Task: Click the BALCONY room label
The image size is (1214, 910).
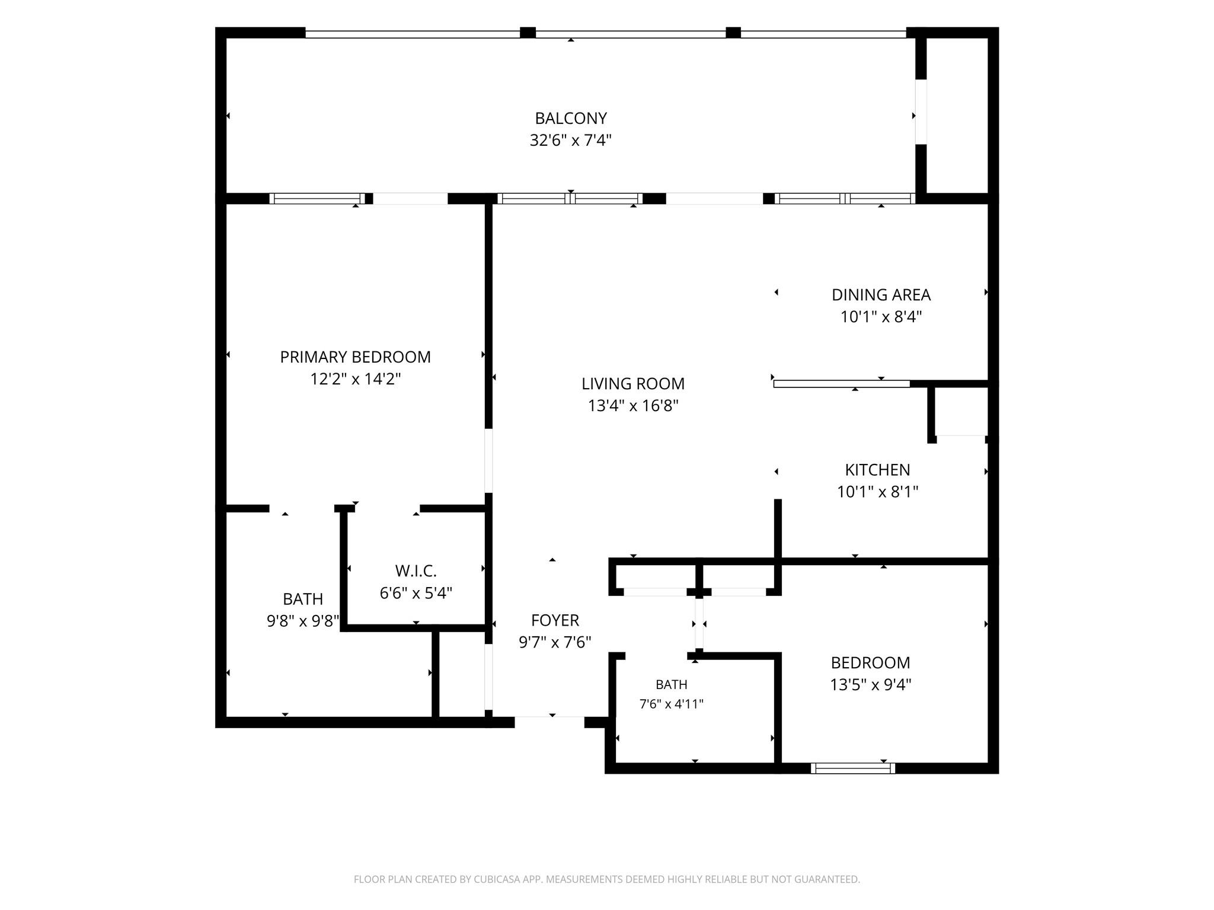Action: click(571, 118)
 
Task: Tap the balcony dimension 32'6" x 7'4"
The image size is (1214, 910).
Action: click(571, 140)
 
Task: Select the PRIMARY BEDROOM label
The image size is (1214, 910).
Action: click(355, 357)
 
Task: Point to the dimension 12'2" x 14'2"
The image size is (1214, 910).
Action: click(355, 379)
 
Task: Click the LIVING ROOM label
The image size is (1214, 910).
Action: click(633, 384)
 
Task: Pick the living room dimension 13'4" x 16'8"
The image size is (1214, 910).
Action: click(633, 406)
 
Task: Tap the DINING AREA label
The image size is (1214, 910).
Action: click(881, 294)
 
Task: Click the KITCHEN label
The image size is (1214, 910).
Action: click(877, 470)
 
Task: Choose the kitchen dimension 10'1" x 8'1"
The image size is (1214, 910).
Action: click(877, 492)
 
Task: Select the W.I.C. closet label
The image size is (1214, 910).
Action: click(416, 571)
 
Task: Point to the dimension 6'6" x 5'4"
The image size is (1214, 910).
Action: click(416, 593)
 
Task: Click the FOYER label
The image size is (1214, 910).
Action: click(555, 620)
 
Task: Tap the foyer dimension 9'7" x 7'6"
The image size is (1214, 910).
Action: click(555, 642)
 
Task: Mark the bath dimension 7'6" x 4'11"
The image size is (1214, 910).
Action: click(671, 704)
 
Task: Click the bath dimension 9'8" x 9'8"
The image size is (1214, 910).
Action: click(303, 621)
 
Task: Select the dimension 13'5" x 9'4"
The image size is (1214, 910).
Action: click(870, 685)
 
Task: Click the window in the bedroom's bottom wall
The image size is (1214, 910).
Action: click(853, 768)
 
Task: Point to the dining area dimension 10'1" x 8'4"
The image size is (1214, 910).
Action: click(881, 316)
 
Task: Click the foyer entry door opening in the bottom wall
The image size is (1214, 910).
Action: click(550, 722)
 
